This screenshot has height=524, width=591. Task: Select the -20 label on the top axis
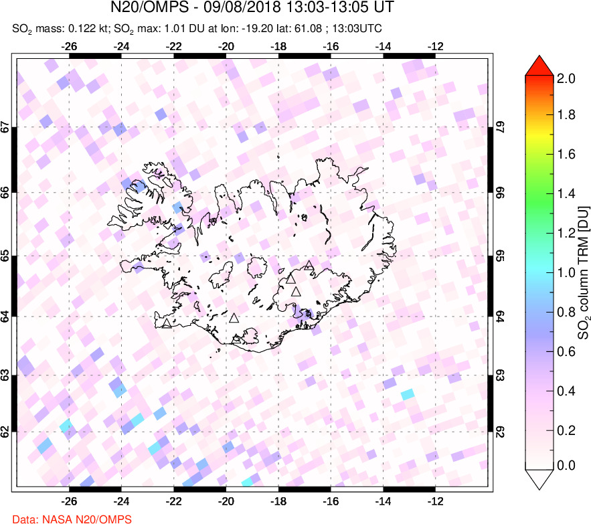point(226,47)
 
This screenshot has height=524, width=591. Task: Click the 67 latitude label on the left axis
point(6,126)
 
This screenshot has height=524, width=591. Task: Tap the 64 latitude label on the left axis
point(6,317)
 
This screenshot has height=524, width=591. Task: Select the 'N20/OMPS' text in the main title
point(144,9)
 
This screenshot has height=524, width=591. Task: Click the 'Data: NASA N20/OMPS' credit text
point(66,518)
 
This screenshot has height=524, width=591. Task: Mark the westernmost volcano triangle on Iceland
point(166,324)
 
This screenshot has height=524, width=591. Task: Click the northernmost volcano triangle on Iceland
point(308,266)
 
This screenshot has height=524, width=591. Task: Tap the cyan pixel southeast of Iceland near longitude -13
point(407,395)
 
